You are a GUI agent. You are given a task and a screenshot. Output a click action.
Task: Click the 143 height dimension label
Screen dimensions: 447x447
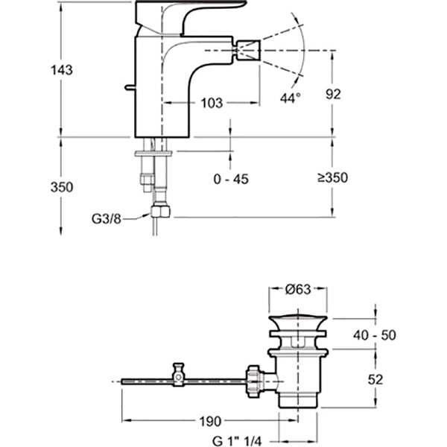tap(62, 70)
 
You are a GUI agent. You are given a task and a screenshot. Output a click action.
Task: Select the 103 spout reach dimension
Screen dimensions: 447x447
tap(212, 104)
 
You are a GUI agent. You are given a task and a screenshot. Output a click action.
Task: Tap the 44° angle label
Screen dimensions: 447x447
tap(291, 98)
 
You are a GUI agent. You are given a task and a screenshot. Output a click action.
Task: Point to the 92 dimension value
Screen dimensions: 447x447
tap(333, 94)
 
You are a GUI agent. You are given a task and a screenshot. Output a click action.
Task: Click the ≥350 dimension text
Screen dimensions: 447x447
tap(333, 178)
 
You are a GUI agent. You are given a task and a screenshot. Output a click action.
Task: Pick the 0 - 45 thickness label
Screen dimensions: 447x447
tap(231, 180)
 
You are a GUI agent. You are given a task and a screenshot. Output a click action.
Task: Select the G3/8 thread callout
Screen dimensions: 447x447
tap(106, 219)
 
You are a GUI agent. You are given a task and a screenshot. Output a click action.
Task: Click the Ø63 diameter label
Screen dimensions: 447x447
tap(297, 290)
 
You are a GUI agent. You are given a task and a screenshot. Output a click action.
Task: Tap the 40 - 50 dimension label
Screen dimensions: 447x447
tap(374, 335)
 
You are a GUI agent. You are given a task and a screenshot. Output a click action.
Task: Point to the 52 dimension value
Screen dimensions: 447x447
tap(375, 380)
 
